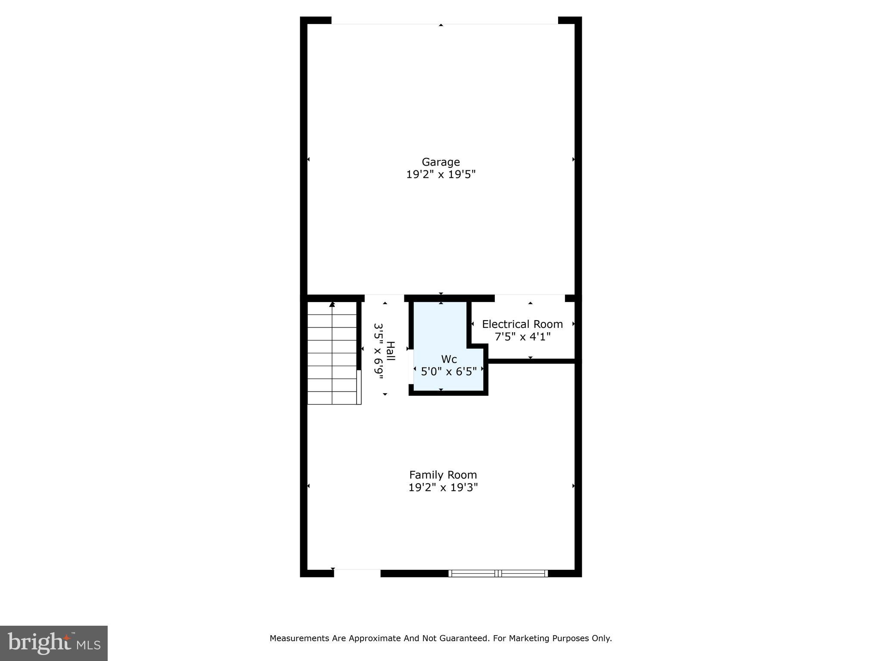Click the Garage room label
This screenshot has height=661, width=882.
pyautogui.click(x=441, y=162)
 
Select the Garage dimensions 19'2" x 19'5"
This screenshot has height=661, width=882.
pyautogui.click(x=441, y=174)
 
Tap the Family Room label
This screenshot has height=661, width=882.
pyautogui.click(x=443, y=475)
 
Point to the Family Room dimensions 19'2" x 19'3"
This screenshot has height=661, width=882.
pyautogui.click(x=443, y=487)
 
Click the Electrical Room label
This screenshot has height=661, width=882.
pyautogui.click(x=522, y=324)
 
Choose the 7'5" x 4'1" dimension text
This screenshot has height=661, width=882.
pyautogui.click(x=522, y=337)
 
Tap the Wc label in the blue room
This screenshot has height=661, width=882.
pyautogui.click(x=449, y=359)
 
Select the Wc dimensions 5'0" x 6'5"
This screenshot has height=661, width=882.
pyautogui.click(x=449, y=371)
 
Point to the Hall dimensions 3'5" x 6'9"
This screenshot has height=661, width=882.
pyautogui.click(x=378, y=352)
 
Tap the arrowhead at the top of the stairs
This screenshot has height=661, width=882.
pyautogui.click(x=332, y=304)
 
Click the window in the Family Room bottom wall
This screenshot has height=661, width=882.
pyautogui.click(x=498, y=573)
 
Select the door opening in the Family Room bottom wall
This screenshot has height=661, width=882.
pyautogui.click(x=357, y=573)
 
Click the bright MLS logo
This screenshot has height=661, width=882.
pyautogui.click(x=54, y=643)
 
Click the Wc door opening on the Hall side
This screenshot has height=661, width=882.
pyautogui.click(x=411, y=366)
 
